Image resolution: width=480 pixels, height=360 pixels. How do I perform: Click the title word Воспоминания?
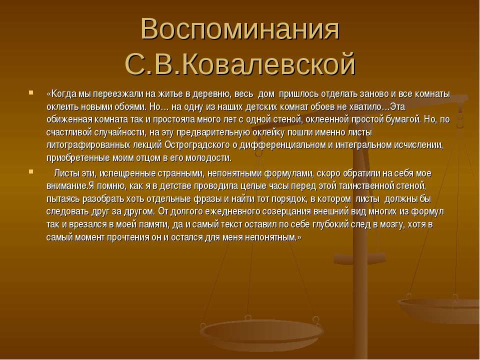(x=240, y=29)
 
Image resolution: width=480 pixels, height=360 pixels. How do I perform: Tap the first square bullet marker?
(x=31, y=92)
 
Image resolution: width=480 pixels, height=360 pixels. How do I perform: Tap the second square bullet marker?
(x=31, y=171)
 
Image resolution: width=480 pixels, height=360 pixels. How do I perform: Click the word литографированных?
(x=88, y=145)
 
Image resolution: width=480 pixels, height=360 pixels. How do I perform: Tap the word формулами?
(x=288, y=173)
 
